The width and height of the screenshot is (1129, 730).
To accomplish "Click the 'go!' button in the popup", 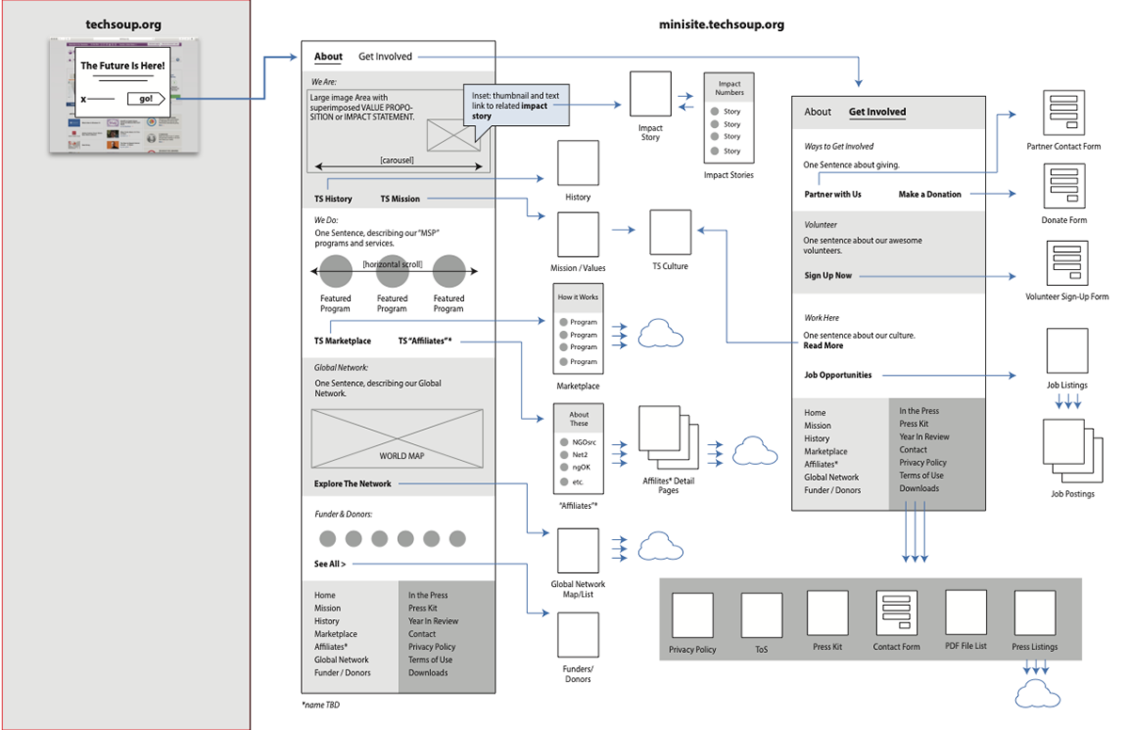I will [x=146, y=99].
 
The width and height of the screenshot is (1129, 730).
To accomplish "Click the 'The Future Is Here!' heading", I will [x=122, y=66].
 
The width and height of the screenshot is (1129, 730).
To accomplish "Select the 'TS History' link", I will [x=333, y=199].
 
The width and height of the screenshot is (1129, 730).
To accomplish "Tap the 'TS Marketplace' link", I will [x=342, y=341].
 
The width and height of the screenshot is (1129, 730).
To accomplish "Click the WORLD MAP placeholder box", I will [x=397, y=437].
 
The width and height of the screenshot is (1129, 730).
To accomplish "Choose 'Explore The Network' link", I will [x=353, y=484].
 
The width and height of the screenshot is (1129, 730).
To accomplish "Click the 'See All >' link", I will [x=329, y=564].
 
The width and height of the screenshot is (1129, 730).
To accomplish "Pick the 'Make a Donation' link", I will [x=930, y=195].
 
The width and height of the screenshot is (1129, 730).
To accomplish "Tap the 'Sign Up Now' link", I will [x=828, y=276].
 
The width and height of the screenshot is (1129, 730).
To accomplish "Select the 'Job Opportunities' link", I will [x=837, y=375].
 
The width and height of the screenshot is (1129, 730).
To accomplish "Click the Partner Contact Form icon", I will [x=1063, y=114].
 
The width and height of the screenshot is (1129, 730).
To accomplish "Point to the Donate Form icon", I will [x=1064, y=187].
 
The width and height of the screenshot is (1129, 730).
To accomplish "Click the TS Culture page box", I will [x=670, y=232].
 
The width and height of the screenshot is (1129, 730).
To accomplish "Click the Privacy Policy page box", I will [x=692, y=616].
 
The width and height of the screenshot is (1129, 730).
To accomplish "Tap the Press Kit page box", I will [x=827, y=613].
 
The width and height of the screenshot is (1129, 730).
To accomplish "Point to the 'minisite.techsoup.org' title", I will [x=722, y=25].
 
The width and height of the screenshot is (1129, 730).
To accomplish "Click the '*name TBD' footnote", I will [x=320, y=705].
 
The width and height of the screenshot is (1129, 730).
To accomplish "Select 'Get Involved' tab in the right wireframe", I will [x=877, y=112].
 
